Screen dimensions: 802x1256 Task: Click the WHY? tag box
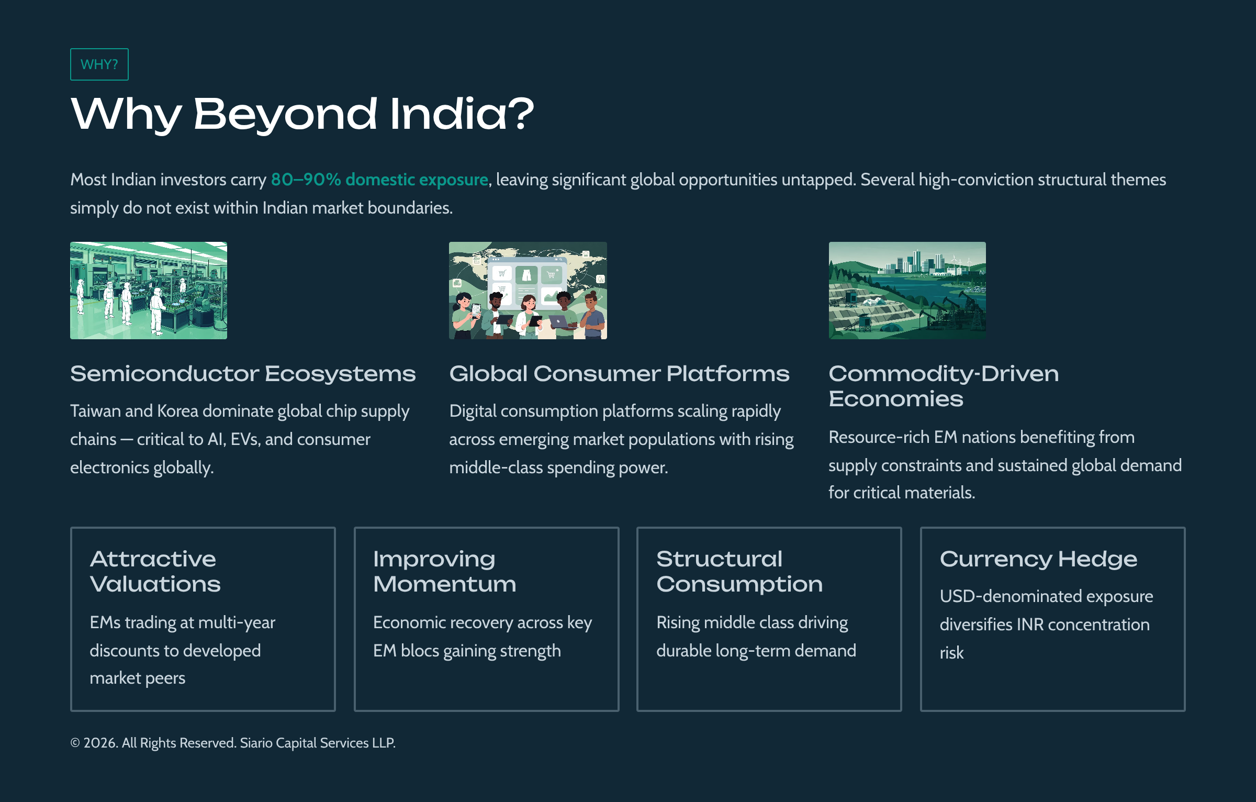click(99, 64)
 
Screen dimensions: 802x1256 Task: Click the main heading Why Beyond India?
click(302, 114)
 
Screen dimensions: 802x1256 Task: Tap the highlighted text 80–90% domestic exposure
click(379, 180)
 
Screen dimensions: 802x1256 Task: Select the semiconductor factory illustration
click(149, 291)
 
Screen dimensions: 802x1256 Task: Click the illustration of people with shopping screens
click(528, 291)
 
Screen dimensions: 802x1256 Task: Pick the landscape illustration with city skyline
click(907, 291)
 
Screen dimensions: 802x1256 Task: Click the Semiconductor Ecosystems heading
click(243, 374)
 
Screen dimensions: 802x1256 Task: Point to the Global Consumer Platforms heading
click(619, 374)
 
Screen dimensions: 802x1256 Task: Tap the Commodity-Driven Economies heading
click(943, 386)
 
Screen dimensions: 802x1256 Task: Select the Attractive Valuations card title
click(155, 572)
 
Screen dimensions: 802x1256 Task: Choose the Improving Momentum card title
click(444, 572)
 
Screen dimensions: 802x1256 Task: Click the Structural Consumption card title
click(739, 572)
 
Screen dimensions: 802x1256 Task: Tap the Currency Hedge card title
click(1038, 559)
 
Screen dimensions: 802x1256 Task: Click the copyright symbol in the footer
click(75, 743)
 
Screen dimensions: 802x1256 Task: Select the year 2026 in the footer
click(100, 743)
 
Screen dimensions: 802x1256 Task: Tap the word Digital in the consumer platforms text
click(473, 411)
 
